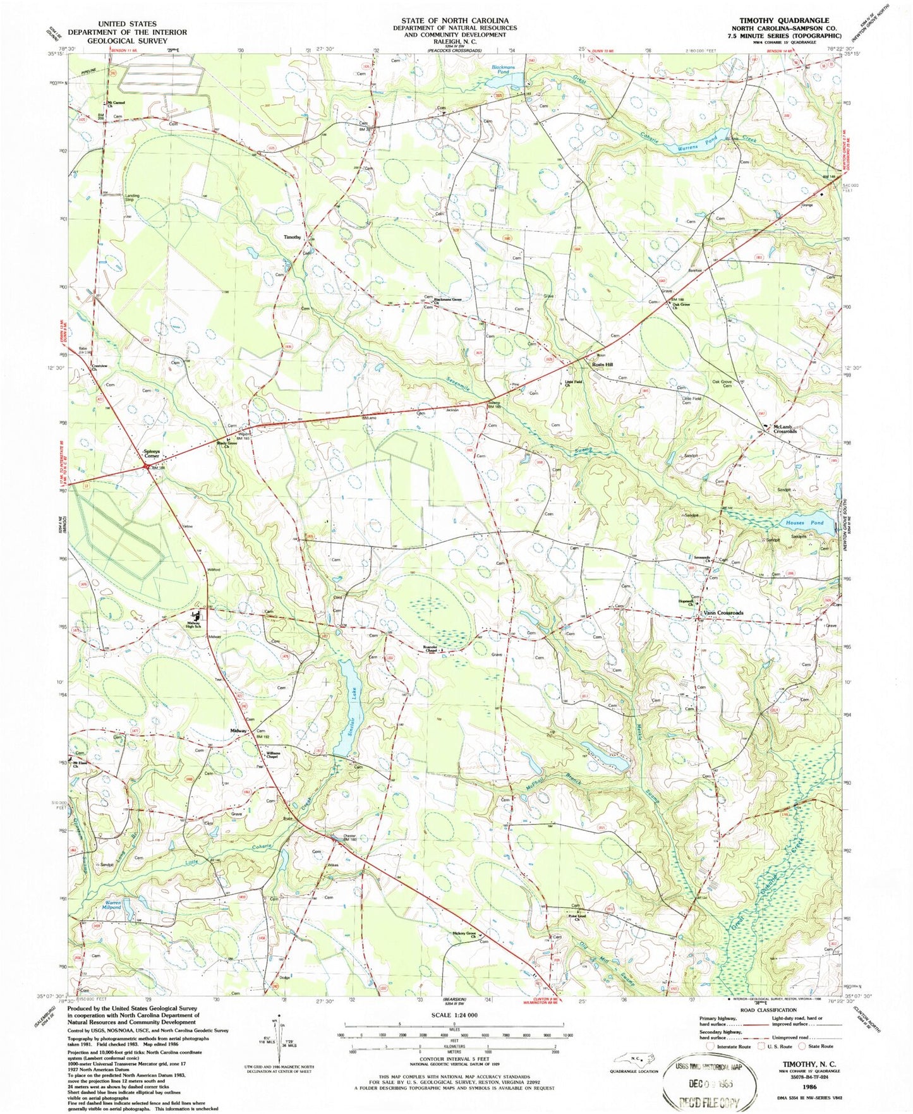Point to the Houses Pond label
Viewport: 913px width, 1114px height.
804,523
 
